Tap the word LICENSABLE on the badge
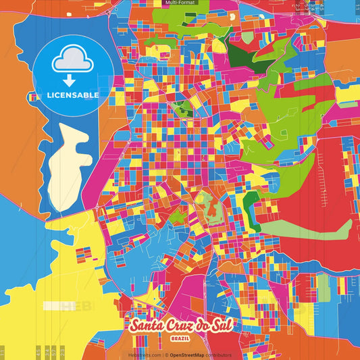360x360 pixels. click(x=73, y=95)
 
